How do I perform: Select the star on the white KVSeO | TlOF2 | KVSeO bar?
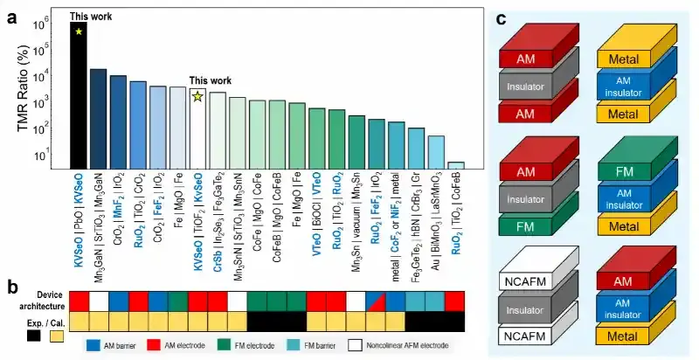(197, 96)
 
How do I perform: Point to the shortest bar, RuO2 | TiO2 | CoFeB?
(455, 165)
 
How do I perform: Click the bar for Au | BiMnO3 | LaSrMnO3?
(436, 152)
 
